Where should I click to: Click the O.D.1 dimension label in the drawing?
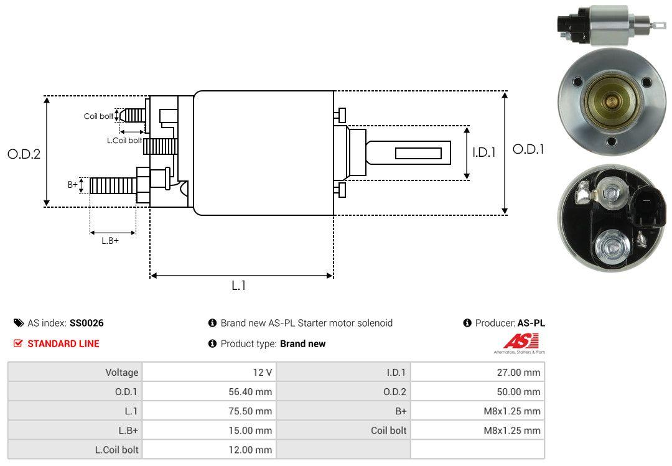tap(528, 149)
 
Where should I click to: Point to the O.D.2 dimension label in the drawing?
tap(24, 154)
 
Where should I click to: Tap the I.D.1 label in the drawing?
tap(483, 151)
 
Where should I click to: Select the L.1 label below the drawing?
tap(239, 286)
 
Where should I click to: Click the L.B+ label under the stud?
tap(110, 241)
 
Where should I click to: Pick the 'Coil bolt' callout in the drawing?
tap(98, 116)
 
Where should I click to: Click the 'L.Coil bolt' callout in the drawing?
tap(124, 141)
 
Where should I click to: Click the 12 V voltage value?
tap(261, 373)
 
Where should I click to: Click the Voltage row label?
tap(121, 373)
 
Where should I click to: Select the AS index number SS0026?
tap(86, 323)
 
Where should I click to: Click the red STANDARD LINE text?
tap(63, 343)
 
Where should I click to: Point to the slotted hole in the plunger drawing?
tap(419, 153)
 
